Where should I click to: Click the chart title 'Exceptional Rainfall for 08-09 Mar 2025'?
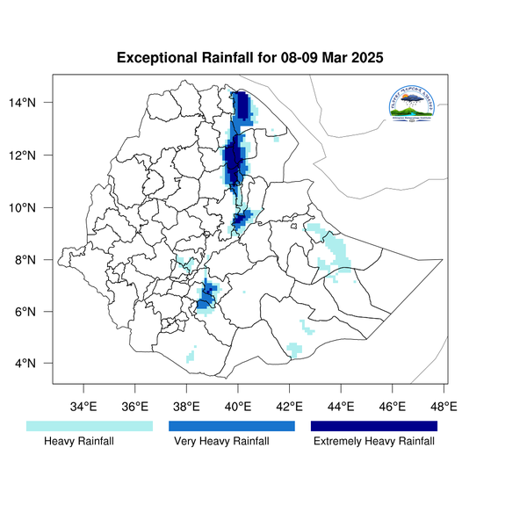pyautogui.click(x=250, y=59)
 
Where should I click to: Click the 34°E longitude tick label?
pyautogui.click(x=83, y=406)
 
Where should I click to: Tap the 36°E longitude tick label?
pyautogui.click(x=135, y=406)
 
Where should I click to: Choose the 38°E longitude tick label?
pyautogui.click(x=186, y=406)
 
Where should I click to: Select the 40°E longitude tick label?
pyautogui.click(x=238, y=406)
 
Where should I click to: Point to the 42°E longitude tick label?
pyautogui.click(x=289, y=406)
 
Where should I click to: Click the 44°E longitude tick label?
pyautogui.click(x=341, y=406)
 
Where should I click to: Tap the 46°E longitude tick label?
pyautogui.click(x=392, y=406)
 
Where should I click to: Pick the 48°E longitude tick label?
pyautogui.click(x=444, y=406)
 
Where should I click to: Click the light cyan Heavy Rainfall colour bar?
pyautogui.click(x=90, y=426)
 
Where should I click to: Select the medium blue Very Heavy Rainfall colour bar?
pyautogui.click(x=231, y=426)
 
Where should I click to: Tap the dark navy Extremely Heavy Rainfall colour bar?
pyautogui.click(x=374, y=426)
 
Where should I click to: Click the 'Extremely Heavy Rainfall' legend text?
pyautogui.click(x=374, y=442)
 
